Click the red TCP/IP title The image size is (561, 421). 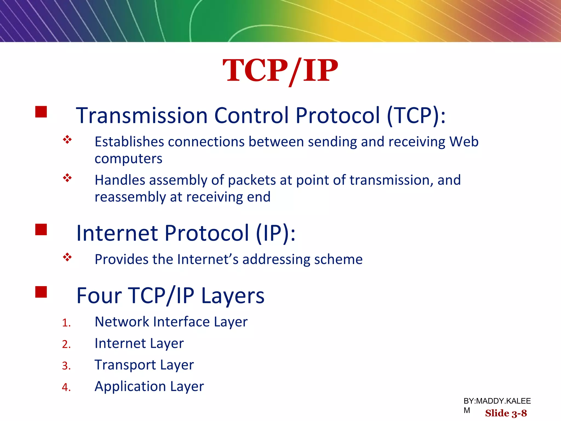click(280, 71)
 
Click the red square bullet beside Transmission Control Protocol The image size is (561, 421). click(41, 112)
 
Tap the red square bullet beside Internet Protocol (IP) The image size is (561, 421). click(41, 229)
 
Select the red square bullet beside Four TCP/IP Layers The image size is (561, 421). click(41, 292)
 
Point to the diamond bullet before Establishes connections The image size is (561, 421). click(67, 140)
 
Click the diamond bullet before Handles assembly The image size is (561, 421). click(67, 178)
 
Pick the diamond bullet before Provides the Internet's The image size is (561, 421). click(67, 257)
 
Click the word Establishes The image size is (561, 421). click(129, 142)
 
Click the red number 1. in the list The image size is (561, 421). click(66, 323)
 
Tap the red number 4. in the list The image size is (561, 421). click(66, 387)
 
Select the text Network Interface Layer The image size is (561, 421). click(171, 322)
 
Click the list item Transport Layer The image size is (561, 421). click(144, 365)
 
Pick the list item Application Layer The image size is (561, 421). click(149, 386)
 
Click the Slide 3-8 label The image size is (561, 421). click(506, 413)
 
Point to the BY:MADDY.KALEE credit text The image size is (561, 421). click(497, 401)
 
